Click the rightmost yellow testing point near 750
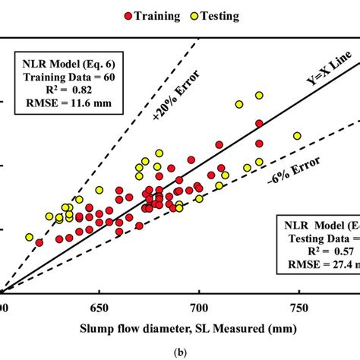(x=298, y=136)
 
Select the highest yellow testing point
(x=259, y=96)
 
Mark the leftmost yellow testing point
(x=30, y=238)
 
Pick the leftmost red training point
(x=39, y=243)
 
